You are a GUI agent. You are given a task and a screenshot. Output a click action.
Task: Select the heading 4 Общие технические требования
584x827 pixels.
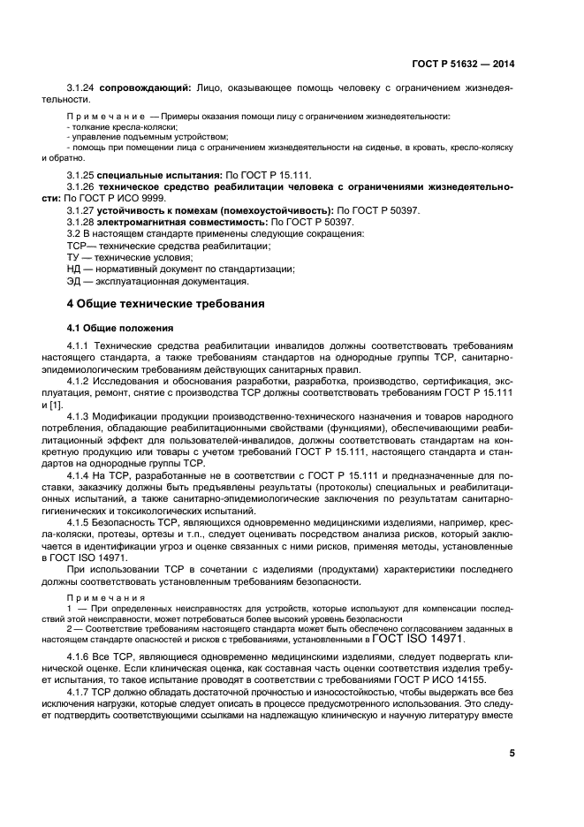pos(166,305)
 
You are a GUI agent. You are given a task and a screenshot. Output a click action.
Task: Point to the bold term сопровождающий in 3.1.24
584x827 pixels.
pos(145,89)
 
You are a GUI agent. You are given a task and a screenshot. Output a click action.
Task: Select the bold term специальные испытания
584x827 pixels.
pos(155,176)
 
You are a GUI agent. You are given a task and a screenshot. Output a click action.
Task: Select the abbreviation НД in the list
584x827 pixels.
pos(74,269)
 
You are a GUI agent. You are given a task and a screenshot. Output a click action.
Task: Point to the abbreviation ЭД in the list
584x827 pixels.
pos(74,281)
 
